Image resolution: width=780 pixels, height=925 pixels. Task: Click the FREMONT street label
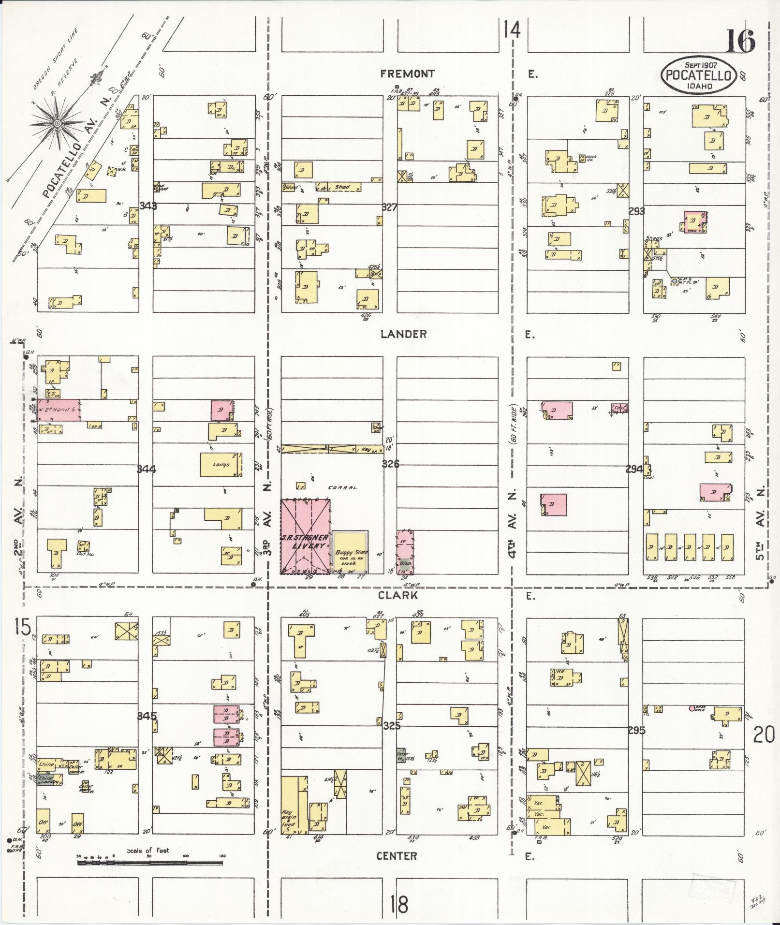point(407,74)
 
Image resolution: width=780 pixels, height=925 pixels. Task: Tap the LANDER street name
point(403,334)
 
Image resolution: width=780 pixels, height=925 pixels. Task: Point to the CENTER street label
point(397,856)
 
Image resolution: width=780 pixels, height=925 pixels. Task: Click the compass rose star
point(57,123)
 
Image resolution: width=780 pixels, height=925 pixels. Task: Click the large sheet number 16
point(739,42)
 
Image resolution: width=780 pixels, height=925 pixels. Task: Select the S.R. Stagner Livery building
point(306,537)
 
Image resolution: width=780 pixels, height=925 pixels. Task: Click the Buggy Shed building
point(350,551)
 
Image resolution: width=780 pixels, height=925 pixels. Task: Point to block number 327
point(389,207)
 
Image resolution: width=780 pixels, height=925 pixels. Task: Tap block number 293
point(637,211)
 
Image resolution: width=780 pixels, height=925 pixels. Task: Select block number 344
point(146,469)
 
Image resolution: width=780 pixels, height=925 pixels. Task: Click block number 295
point(636,730)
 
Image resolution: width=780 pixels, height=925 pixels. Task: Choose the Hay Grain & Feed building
point(289,805)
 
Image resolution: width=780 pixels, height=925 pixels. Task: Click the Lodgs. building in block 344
point(221,465)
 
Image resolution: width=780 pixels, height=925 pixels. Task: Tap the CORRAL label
point(343,487)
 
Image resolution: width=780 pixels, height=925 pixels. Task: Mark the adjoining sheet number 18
point(401,903)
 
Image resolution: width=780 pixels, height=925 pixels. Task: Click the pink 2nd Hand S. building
point(59,410)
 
